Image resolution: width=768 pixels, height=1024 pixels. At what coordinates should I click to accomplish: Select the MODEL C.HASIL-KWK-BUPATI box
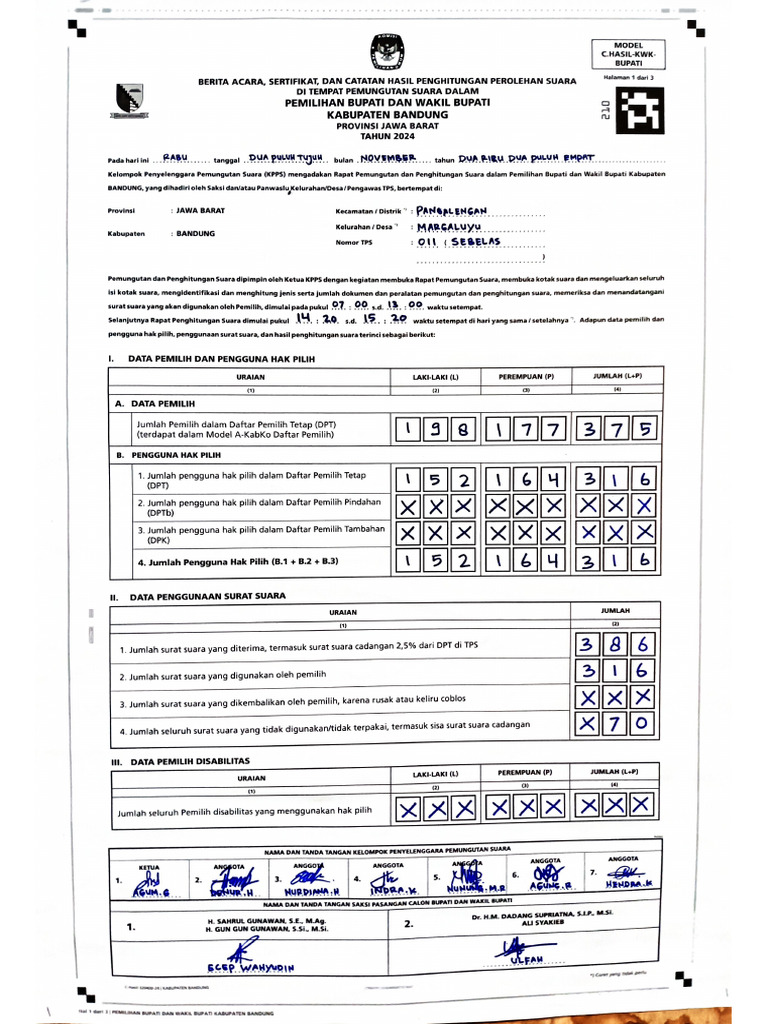[628, 54]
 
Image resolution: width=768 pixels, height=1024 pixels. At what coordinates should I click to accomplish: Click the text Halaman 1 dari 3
[627, 76]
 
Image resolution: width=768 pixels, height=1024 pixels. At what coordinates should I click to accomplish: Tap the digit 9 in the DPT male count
[435, 430]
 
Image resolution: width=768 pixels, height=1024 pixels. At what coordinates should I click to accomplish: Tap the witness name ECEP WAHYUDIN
[251, 967]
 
